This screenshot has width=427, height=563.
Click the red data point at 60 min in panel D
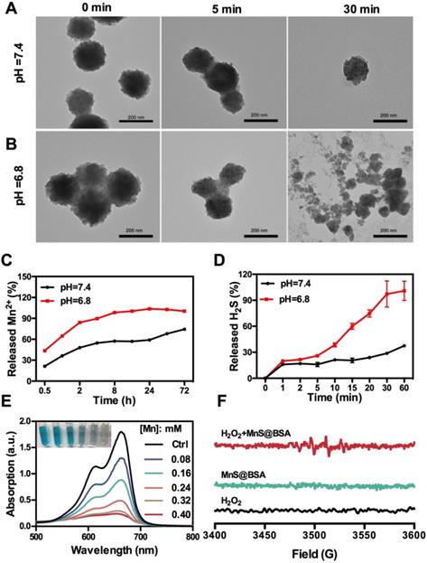pyautogui.click(x=403, y=290)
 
